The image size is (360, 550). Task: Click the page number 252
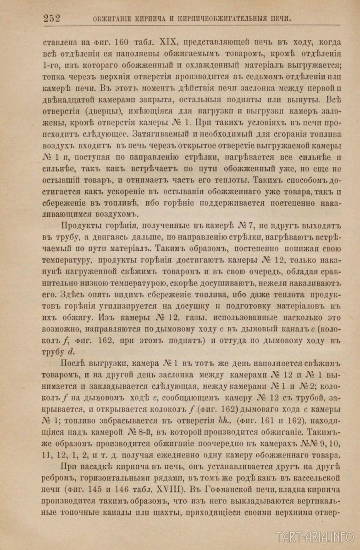point(52,18)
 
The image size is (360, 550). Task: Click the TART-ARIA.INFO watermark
point(316,536)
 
